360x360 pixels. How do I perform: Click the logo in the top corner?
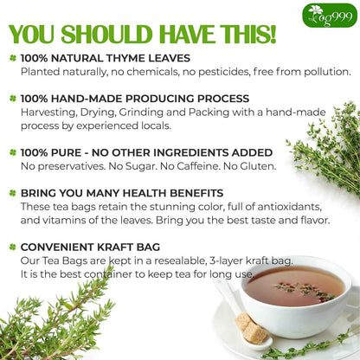click(x=331, y=15)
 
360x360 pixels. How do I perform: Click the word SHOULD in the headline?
click(x=107, y=35)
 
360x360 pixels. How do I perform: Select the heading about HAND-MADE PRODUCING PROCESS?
click(x=134, y=99)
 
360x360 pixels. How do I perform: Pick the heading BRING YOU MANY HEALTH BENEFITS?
click(x=122, y=193)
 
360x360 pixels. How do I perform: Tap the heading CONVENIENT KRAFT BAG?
click(x=93, y=247)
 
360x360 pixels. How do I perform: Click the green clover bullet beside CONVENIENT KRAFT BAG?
click(x=13, y=247)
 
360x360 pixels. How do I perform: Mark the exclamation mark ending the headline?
click(x=271, y=34)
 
